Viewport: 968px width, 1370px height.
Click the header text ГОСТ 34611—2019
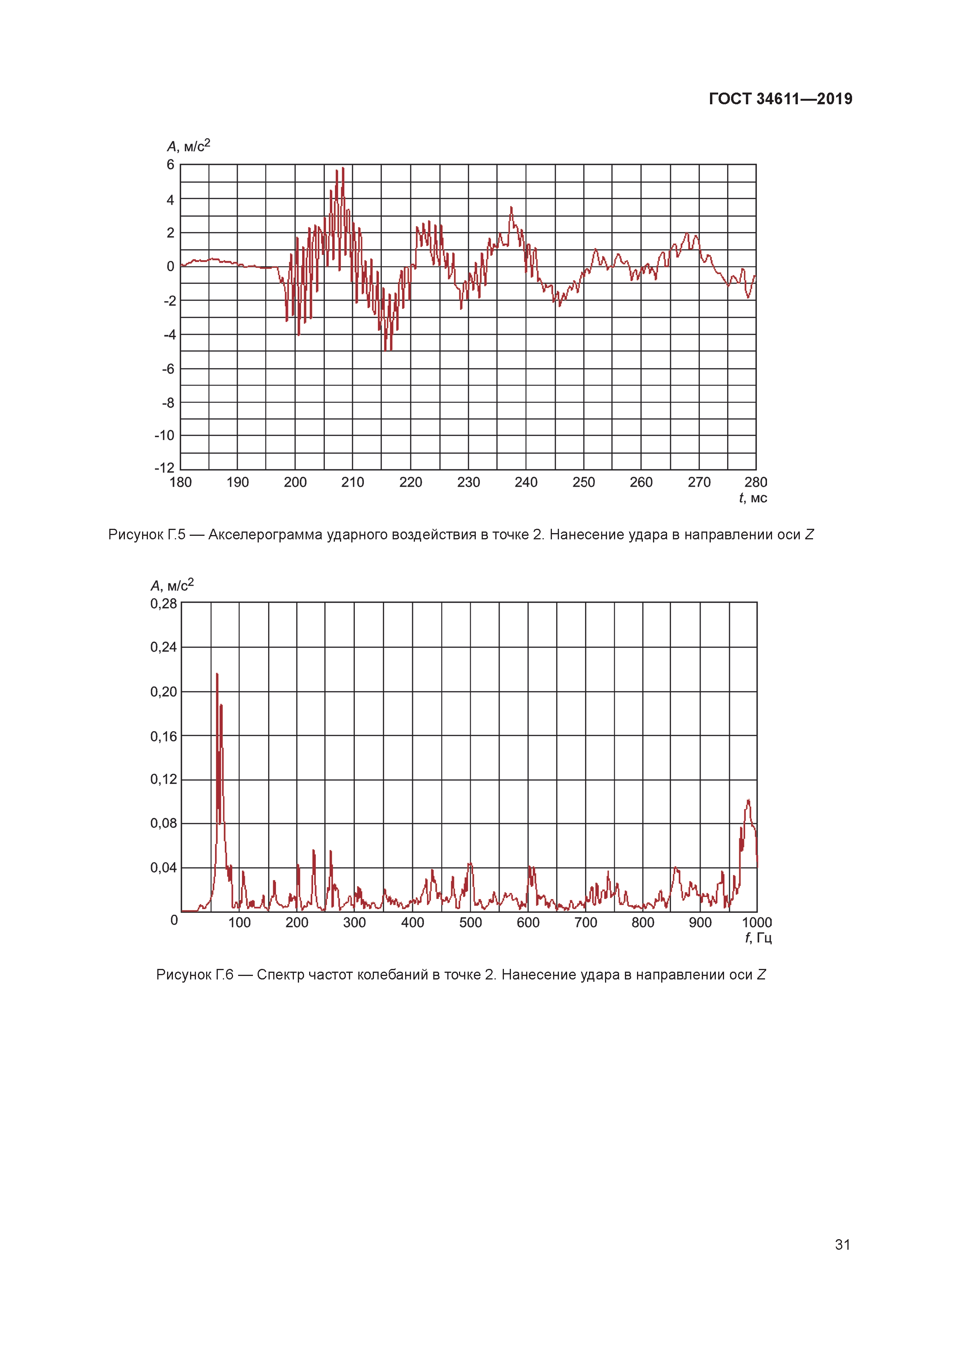click(780, 99)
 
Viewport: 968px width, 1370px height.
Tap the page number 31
click(842, 1244)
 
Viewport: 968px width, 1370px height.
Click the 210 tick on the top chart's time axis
click(352, 482)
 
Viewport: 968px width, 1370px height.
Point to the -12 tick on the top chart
click(165, 468)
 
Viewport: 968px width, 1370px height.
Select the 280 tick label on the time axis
click(756, 482)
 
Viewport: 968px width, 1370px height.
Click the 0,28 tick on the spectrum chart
click(164, 604)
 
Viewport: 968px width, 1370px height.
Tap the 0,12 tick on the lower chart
click(164, 779)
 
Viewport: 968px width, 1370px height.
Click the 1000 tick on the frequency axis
click(756, 922)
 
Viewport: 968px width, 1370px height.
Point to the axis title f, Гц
click(758, 938)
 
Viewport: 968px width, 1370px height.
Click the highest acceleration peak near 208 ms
click(343, 169)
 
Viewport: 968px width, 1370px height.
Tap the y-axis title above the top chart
click(189, 146)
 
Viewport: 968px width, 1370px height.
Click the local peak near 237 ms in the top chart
click(511, 208)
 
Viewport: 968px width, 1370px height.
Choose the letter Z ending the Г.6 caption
click(761, 974)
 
